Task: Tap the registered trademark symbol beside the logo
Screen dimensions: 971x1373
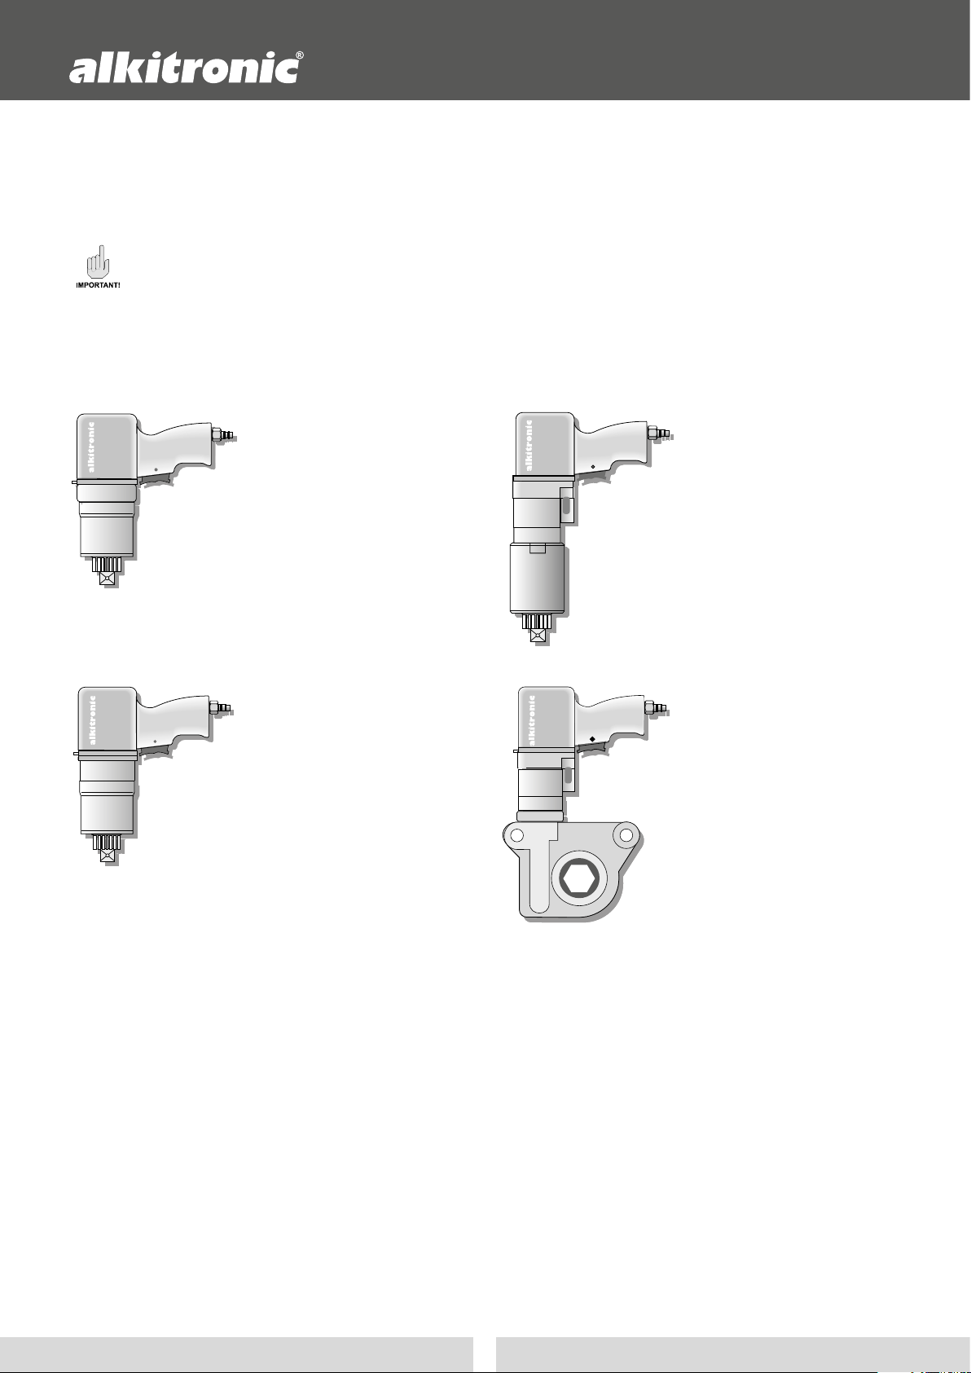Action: (x=300, y=55)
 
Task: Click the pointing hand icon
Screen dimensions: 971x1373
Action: (x=98, y=262)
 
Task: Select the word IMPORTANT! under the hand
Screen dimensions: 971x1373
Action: (x=98, y=286)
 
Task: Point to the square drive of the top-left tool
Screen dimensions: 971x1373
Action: (x=108, y=579)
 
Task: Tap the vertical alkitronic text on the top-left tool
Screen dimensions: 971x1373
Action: (x=91, y=447)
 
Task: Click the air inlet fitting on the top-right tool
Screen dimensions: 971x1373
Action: (x=660, y=433)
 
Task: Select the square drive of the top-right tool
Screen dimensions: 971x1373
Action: (x=538, y=636)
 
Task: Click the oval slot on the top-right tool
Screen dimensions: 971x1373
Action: (x=567, y=506)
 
